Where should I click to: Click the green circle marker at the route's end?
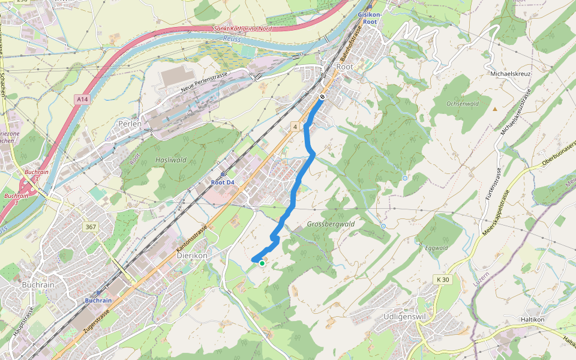pyautogui.click(x=262, y=263)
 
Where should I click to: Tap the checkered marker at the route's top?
pyautogui.click(x=322, y=97)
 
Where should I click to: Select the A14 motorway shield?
pyautogui.click(x=82, y=99)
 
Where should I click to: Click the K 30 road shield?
pyautogui.click(x=442, y=280)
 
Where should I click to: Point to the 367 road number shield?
pyautogui.click(x=91, y=226)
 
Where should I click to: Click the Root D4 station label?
pyautogui.click(x=222, y=181)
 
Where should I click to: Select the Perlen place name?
pyautogui.click(x=130, y=124)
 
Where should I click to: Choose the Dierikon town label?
pyautogui.click(x=192, y=255)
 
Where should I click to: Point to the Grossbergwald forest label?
pyautogui.click(x=331, y=224)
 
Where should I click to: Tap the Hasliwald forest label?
pyautogui.click(x=171, y=160)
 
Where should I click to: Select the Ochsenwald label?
pyautogui.click(x=463, y=103)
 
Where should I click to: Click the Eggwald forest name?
pyautogui.click(x=436, y=247)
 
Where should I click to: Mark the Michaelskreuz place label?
pyautogui.click(x=511, y=74)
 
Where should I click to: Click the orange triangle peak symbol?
pyautogui.click(x=495, y=109)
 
